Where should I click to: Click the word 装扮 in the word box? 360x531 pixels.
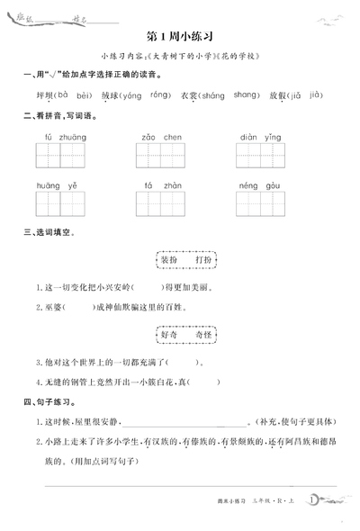[168, 260]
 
